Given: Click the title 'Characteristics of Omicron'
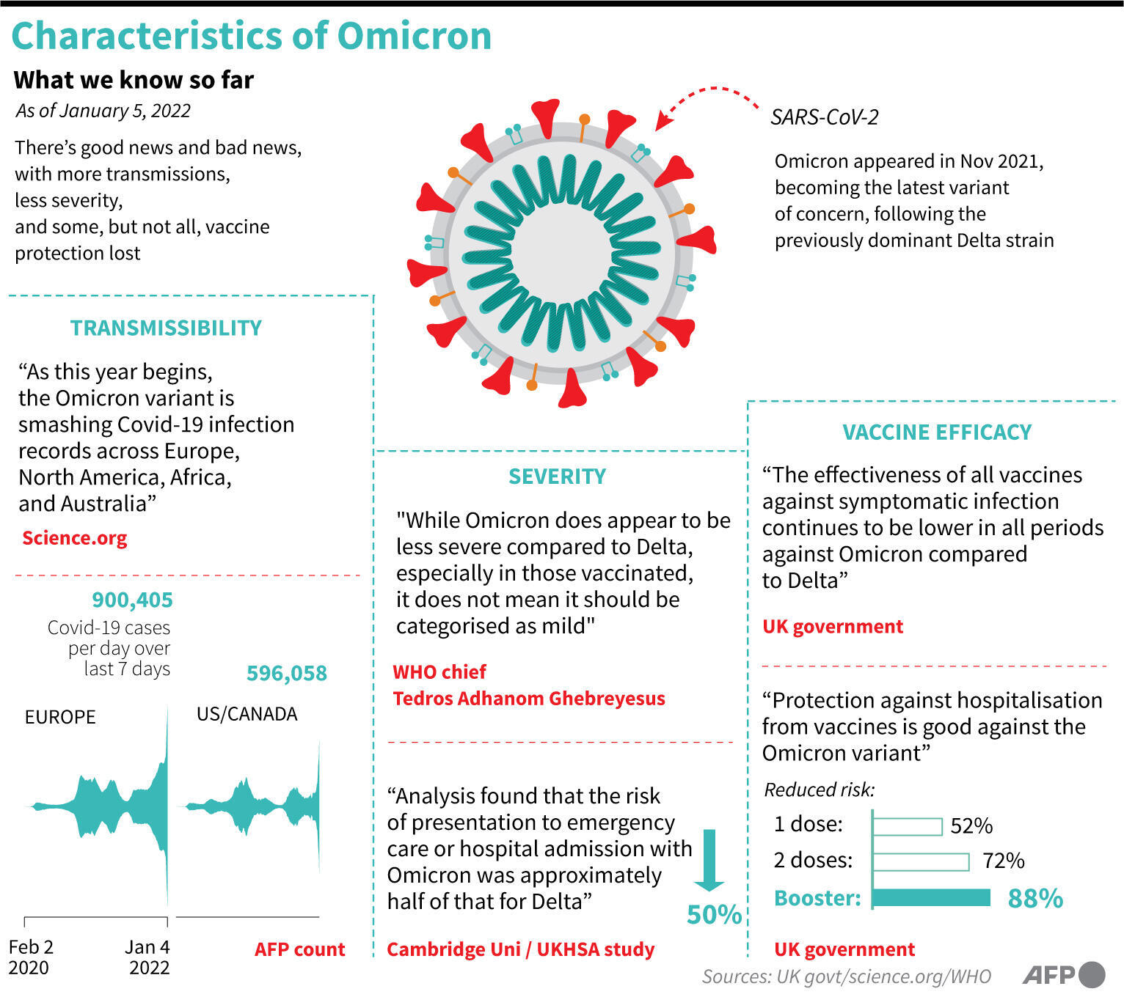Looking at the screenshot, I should tap(251, 36).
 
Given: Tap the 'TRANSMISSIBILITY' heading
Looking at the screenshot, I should tap(166, 328).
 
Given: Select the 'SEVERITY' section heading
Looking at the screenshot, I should tap(557, 477).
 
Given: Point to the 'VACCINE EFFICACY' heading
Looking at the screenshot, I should tap(937, 432).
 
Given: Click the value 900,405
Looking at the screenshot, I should tap(132, 600).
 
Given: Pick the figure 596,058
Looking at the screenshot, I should tap(286, 673).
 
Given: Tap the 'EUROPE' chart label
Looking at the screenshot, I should tap(60, 716).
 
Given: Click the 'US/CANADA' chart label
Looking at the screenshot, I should tap(247, 714).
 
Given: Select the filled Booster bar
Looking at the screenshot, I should tap(931, 897).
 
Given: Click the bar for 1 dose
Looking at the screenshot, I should tap(907, 826).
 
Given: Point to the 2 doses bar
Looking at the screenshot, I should tap(921, 861).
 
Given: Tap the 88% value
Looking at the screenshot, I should tap(1035, 898).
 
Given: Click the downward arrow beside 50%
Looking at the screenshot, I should tap(709, 859).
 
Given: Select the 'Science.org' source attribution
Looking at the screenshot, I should tap(74, 538).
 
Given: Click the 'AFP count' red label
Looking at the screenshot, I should tap(299, 949).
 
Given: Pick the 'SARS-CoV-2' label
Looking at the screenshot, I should tap(824, 117).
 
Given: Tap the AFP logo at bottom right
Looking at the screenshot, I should tap(1063, 974).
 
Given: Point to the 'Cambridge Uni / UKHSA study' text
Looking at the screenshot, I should tap(520, 949).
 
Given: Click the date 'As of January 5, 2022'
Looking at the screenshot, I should tap(103, 111).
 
